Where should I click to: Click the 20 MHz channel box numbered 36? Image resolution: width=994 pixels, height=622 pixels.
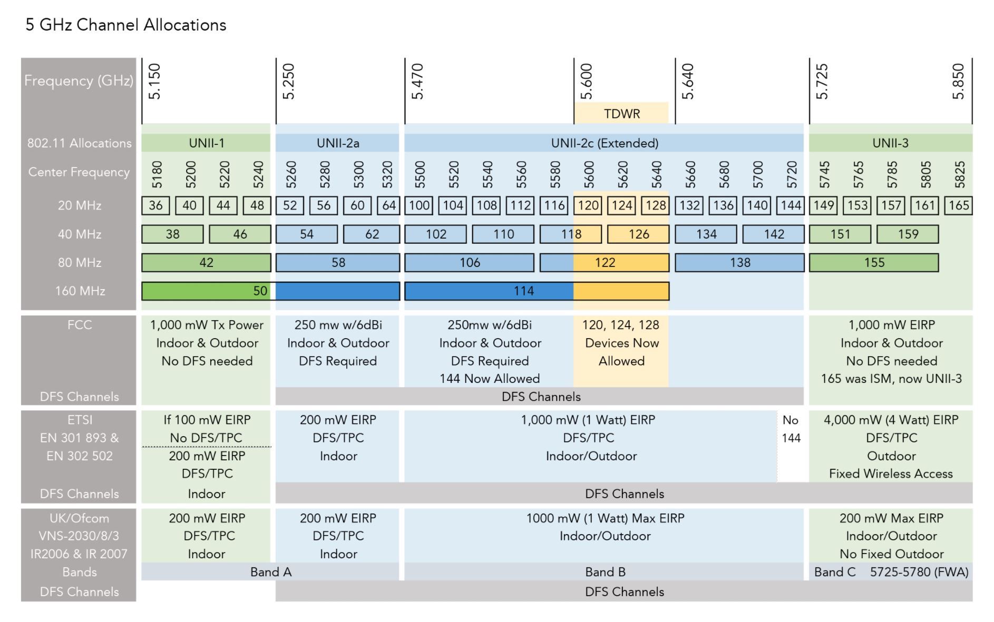point(155,205)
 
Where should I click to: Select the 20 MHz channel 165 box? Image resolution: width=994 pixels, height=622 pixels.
point(958,205)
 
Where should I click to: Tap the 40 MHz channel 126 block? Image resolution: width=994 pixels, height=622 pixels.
point(638,234)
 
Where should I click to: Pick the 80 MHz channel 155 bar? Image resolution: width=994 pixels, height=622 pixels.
point(874,263)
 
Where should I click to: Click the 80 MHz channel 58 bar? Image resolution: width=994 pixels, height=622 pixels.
point(338,263)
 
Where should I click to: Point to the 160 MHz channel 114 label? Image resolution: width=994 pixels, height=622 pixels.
point(523,291)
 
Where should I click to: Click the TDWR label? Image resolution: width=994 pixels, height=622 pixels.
point(622,114)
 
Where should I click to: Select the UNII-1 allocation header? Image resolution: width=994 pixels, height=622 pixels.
point(206,143)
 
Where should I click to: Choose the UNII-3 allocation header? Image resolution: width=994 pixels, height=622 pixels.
point(890,143)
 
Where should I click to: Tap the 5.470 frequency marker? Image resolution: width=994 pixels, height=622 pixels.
point(417,82)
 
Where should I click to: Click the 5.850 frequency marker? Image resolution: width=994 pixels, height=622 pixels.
point(958,82)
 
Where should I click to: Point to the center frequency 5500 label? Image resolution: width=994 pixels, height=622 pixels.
point(420,175)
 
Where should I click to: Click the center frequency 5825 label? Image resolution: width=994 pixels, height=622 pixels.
point(960,175)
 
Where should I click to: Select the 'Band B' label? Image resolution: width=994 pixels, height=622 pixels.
point(605,572)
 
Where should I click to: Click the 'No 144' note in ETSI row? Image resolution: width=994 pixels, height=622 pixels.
point(791,429)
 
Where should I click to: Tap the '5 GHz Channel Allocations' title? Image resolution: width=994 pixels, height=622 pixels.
point(126,25)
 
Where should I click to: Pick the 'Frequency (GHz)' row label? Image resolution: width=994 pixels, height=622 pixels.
point(79,81)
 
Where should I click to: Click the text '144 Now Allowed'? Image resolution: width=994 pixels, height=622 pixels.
point(490,379)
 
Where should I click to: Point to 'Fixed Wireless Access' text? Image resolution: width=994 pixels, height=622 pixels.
point(891,474)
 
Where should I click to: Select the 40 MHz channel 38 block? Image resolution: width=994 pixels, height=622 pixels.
point(172,234)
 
